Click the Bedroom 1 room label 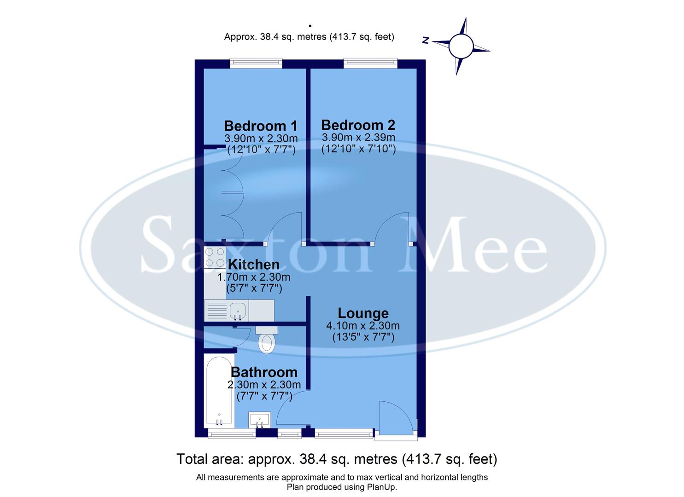[260, 126]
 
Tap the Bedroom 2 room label [358, 125]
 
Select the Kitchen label [253, 265]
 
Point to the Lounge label [363, 313]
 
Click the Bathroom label [264, 372]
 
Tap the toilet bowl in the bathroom [266, 343]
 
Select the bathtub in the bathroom [219, 391]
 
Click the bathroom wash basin [260, 419]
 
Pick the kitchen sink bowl [238, 311]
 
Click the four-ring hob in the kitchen [215, 258]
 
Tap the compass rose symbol [461, 46]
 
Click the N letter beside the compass [426, 41]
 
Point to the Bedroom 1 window [256, 63]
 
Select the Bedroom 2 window [370, 63]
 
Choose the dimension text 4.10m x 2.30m [363, 326]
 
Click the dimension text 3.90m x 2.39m [358, 138]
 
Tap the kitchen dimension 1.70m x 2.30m [253, 277]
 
